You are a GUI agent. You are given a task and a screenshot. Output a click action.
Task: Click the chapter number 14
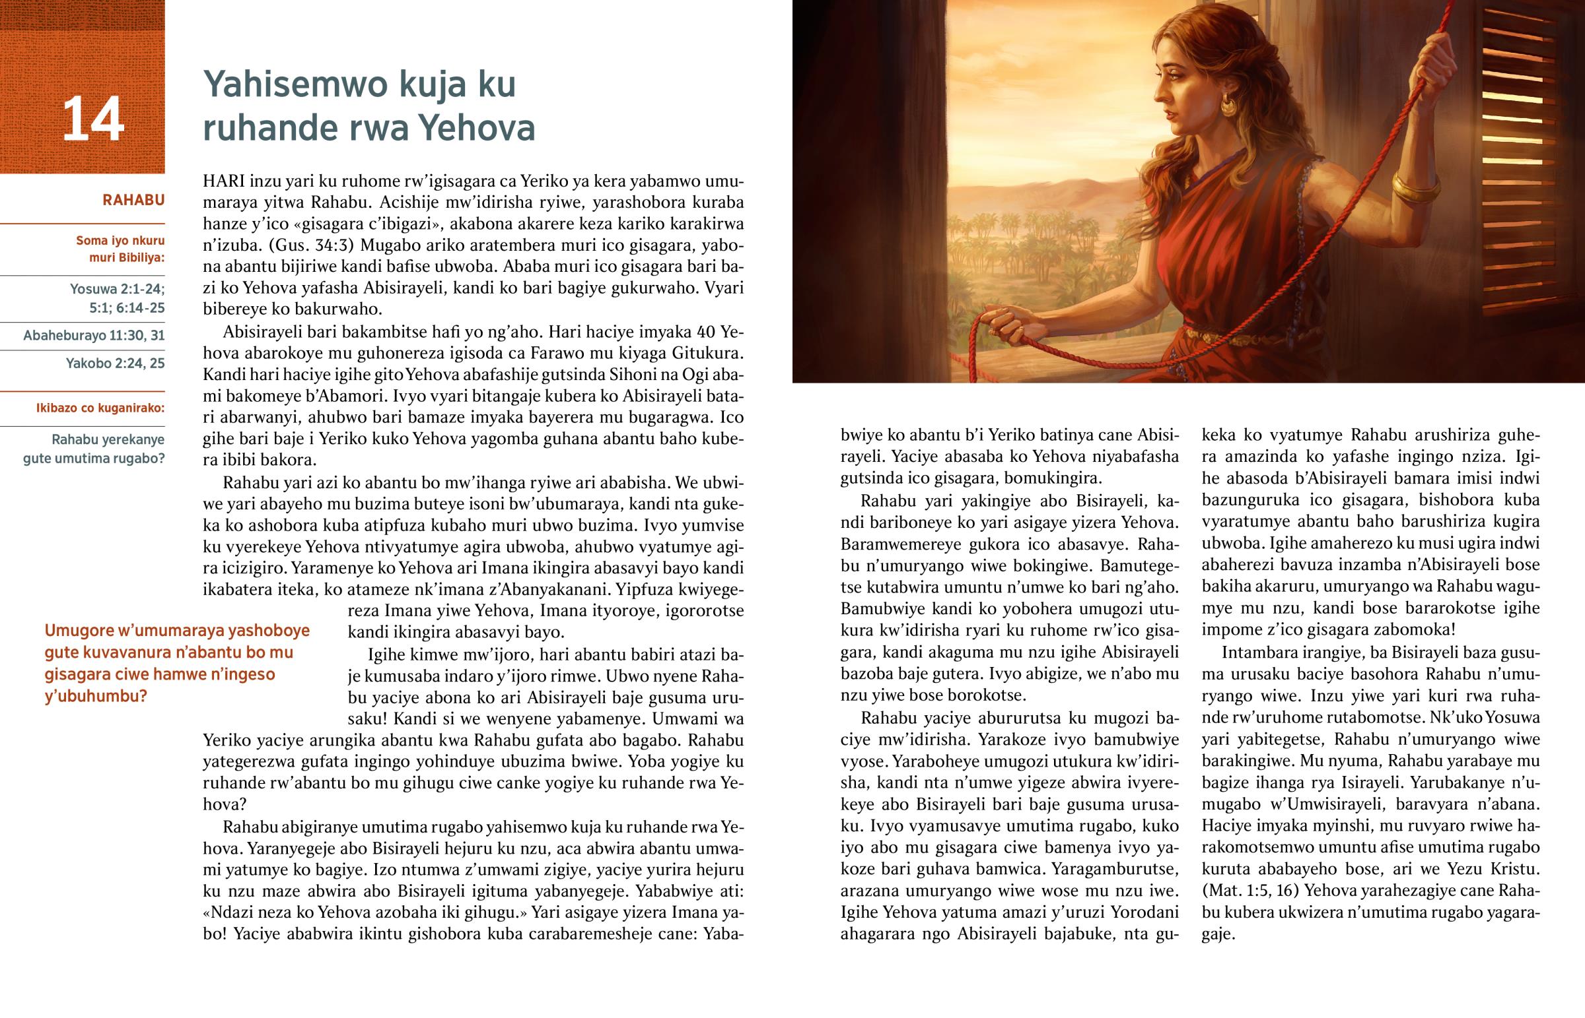coord(93,119)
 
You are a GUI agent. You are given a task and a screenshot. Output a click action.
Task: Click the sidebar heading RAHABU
coord(133,201)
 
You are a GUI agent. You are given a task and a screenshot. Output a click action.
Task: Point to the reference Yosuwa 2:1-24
coord(117,289)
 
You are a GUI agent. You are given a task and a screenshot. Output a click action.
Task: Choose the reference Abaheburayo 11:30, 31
coord(94,336)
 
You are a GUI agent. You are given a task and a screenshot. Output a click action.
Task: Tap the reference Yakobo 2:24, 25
coord(115,364)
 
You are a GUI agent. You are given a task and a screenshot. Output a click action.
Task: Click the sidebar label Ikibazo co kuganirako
coord(100,408)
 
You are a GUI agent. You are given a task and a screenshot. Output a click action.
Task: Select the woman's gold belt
coord(1237,336)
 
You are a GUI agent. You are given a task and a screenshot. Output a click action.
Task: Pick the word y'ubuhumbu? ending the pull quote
coord(95,697)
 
